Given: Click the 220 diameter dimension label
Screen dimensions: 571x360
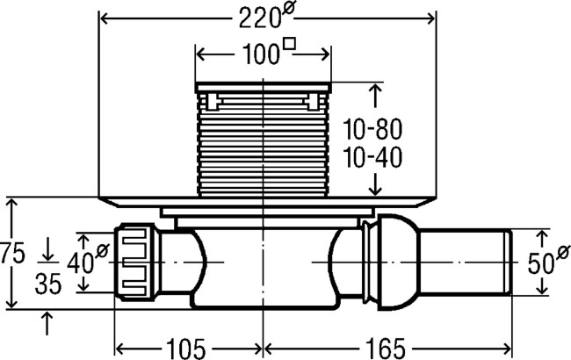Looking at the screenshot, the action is click(x=266, y=17).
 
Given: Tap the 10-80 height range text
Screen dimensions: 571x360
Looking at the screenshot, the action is click(x=372, y=129).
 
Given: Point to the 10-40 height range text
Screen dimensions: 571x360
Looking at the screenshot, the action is click(x=372, y=157).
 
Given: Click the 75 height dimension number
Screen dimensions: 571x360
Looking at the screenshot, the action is click(x=12, y=253).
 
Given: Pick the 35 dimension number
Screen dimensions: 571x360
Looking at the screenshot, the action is click(x=48, y=284).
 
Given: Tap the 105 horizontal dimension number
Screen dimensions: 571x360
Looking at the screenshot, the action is click(x=186, y=349).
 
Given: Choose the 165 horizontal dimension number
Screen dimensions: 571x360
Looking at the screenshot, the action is click(x=386, y=349).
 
